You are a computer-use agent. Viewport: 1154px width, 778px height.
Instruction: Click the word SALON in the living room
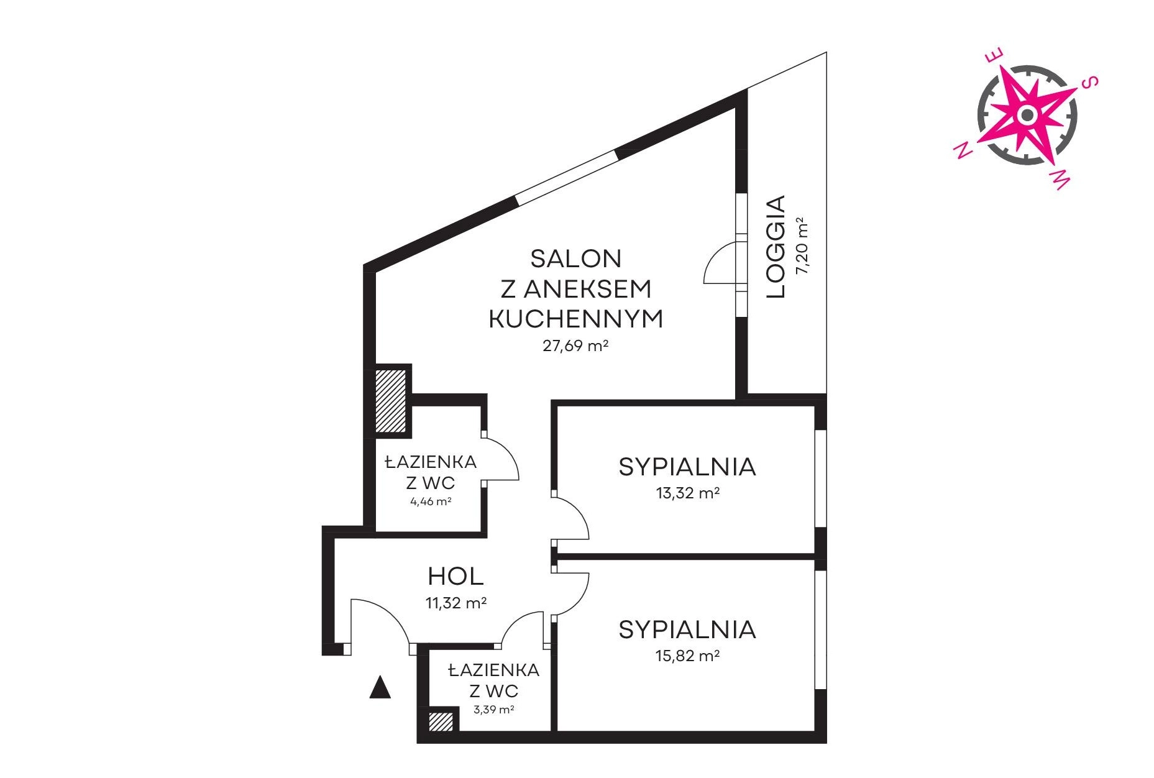click(575, 259)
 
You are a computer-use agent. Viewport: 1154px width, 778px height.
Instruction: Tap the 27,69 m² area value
click(575, 346)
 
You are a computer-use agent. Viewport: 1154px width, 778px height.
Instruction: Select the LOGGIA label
click(776, 247)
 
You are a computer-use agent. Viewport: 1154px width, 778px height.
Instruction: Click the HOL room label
click(456, 577)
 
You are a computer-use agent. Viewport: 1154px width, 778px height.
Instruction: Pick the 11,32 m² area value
click(456, 603)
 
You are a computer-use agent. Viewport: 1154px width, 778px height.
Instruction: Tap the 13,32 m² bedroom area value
click(687, 493)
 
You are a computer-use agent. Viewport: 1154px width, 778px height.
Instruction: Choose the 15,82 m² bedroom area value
click(687, 656)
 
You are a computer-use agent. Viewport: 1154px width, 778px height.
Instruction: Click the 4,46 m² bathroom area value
click(431, 501)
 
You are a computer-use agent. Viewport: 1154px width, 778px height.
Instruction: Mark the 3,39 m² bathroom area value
click(493, 710)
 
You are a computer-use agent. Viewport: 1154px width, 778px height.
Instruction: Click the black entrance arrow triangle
click(380, 687)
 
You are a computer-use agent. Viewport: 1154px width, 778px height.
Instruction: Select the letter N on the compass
click(963, 150)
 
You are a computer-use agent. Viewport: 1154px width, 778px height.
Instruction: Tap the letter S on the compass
click(1090, 83)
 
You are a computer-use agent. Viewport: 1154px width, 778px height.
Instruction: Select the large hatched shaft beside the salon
click(391, 401)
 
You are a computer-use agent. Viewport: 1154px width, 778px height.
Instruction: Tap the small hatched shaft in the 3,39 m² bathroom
click(441, 721)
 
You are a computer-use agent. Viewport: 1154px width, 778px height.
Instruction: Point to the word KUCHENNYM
click(575, 319)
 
